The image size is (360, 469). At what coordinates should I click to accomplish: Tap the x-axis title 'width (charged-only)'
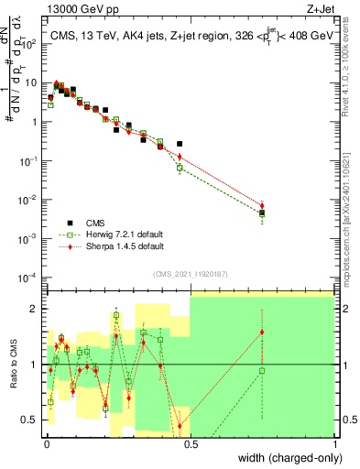click(x=285, y=459)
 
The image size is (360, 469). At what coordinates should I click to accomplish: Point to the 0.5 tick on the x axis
click(x=190, y=442)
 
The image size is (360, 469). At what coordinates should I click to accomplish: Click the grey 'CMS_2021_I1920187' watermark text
click(x=190, y=273)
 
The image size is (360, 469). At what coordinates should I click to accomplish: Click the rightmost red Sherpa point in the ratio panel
click(x=262, y=333)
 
